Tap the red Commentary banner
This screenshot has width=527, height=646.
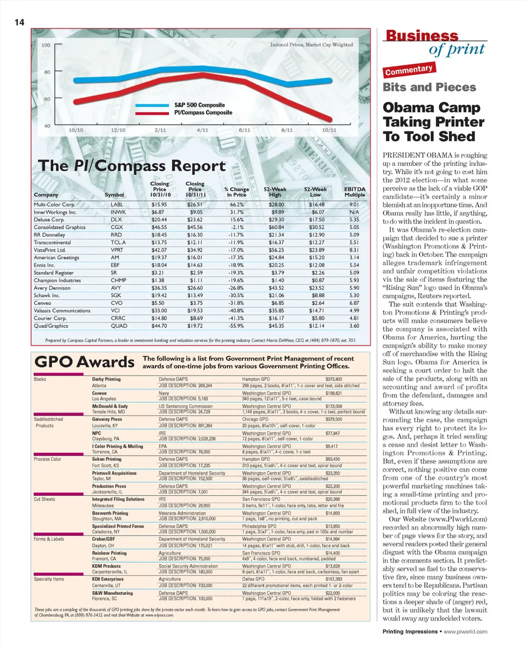(410, 70)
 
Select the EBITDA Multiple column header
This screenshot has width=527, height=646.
(355, 192)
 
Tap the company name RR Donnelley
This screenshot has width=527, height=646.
(50, 235)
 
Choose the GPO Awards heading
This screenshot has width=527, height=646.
(85, 363)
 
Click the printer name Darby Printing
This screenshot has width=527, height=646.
(106, 380)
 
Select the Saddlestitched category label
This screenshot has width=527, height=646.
(48, 419)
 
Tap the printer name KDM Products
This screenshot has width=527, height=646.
(106, 565)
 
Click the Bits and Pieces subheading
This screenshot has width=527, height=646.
(429, 87)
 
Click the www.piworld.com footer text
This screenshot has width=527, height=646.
(466, 631)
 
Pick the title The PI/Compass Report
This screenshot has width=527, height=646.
(131, 166)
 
